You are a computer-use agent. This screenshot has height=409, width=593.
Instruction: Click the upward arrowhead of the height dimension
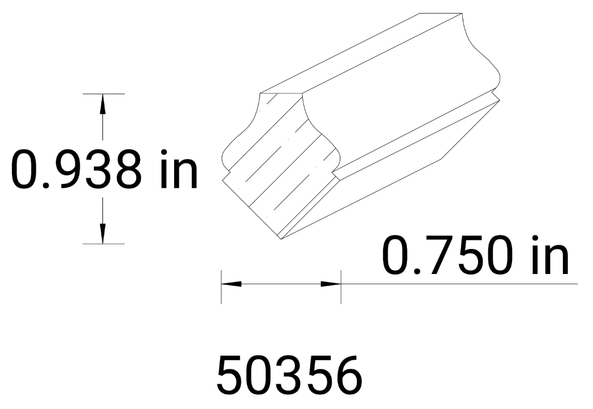[x=102, y=103]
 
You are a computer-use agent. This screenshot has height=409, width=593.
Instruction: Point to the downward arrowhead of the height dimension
[x=102, y=234]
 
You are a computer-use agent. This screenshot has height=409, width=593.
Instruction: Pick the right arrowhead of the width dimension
[x=331, y=283]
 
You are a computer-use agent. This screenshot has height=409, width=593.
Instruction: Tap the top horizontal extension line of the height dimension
[x=104, y=93]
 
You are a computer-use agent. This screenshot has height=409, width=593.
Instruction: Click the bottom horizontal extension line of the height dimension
[x=104, y=244]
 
